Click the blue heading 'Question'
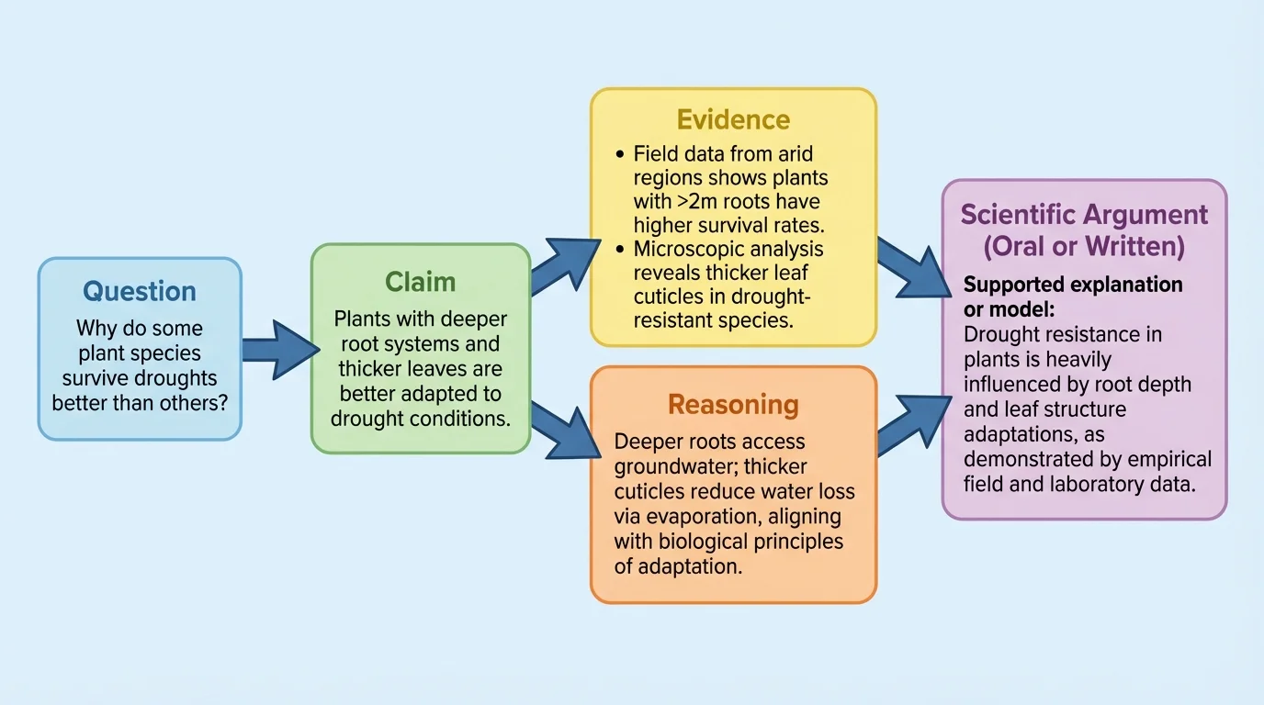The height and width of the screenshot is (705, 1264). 140,291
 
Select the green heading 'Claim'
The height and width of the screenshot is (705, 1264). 420,281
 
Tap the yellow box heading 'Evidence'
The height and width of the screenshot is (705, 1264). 733,119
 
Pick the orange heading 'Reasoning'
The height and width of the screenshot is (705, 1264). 733,405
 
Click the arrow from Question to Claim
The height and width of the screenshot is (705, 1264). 276,350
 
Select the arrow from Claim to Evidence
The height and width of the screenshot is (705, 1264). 562,267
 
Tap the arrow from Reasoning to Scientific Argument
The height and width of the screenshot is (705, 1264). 913,424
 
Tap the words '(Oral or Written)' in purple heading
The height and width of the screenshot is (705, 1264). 1084,246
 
